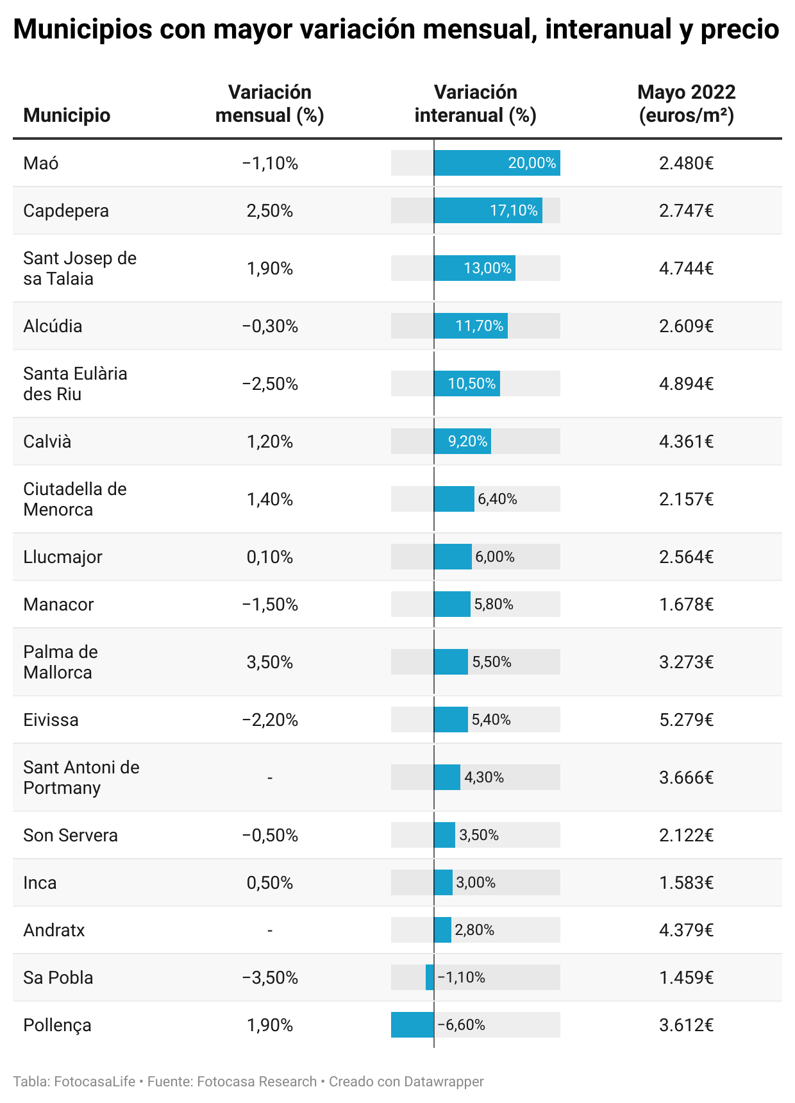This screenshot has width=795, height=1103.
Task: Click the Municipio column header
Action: tap(67, 115)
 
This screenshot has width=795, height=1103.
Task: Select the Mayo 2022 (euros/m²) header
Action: tap(686, 104)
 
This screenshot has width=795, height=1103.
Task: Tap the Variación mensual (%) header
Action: tap(269, 104)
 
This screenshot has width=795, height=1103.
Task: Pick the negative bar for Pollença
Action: tap(412, 1025)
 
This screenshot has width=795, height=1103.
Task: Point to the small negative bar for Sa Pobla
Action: tap(430, 977)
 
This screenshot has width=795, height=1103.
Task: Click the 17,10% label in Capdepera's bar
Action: tap(514, 210)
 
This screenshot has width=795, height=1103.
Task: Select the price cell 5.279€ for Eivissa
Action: tap(686, 720)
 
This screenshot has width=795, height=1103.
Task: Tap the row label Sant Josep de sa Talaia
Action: tap(79, 268)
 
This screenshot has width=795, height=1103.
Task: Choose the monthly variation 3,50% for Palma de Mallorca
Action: tap(269, 662)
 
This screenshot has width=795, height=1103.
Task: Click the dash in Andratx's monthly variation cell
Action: tap(269, 930)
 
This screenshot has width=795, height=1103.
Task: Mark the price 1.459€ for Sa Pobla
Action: tap(686, 977)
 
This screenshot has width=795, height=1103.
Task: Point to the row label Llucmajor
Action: tap(63, 557)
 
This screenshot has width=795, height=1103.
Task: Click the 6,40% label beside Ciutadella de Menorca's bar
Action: tap(498, 499)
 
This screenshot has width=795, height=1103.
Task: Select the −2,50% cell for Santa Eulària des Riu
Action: tap(269, 383)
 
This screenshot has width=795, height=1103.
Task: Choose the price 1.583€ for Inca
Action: tap(686, 882)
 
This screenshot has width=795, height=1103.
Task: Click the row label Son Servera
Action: tap(71, 835)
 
